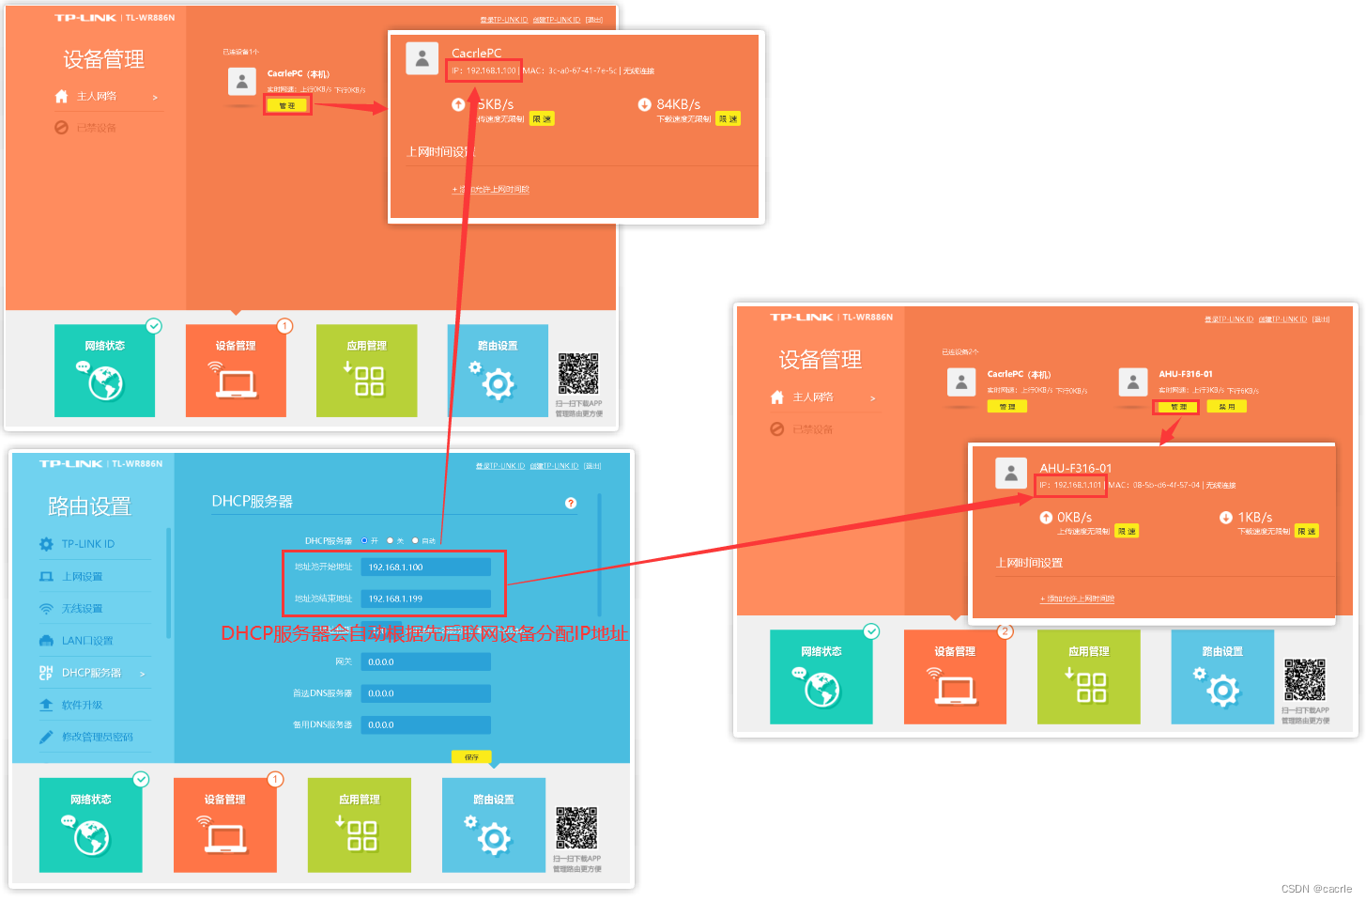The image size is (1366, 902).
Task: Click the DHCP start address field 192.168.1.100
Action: [428, 567]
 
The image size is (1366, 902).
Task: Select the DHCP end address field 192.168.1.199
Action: [428, 599]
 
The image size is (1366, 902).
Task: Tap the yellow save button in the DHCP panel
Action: [471, 757]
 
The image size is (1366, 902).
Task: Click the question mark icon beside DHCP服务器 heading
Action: [571, 504]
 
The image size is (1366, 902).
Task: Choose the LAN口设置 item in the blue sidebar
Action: [86, 641]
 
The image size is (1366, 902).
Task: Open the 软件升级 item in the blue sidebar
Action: [82, 705]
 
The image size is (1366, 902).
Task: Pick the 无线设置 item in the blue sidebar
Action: [82, 609]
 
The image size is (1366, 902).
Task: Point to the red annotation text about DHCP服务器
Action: [424, 633]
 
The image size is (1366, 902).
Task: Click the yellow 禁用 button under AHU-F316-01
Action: [1227, 407]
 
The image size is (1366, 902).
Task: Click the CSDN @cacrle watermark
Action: [1316, 889]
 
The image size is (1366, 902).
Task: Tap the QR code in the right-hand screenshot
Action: [1305, 679]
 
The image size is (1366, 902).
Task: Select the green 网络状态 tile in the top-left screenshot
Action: [104, 371]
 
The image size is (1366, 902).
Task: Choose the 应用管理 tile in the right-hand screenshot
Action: [1088, 676]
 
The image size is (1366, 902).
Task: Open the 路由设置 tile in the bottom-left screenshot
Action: [494, 825]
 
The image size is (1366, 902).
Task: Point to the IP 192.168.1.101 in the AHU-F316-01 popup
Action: [1071, 485]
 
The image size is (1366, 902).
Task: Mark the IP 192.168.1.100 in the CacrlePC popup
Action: [484, 70]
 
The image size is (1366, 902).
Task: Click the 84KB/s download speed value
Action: [678, 104]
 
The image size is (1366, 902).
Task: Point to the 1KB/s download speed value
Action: [1254, 518]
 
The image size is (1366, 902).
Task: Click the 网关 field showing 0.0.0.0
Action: [428, 661]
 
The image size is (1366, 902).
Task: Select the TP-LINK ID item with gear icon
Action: [87, 544]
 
